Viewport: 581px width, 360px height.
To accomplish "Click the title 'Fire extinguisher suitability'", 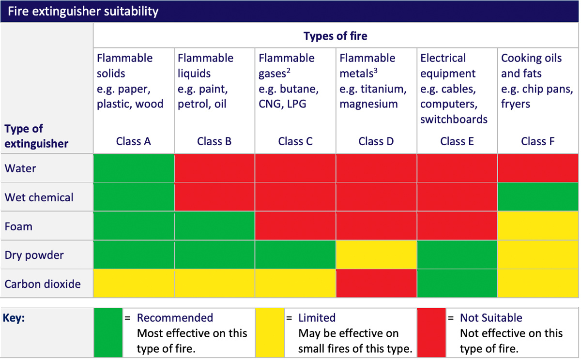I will [x=83, y=11].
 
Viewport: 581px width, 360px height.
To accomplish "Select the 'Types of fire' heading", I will [x=336, y=36].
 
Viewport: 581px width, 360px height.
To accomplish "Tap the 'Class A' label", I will [x=134, y=141].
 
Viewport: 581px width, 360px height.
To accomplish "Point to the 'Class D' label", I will [x=376, y=141].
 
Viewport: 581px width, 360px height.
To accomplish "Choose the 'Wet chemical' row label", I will [x=39, y=197].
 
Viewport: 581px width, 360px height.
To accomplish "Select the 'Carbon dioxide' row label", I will [x=43, y=284].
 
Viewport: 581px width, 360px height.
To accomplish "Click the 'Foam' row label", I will [x=18, y=226].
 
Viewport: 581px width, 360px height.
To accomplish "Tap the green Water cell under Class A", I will [x=134, y=168].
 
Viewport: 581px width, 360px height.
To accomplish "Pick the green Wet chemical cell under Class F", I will [x=538, y=197].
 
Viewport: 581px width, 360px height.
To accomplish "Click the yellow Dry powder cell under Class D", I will [x=376, y=255].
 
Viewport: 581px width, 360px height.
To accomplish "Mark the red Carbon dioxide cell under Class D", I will [x=376, y=284].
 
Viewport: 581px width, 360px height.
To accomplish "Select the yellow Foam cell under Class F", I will [x=538, y=226].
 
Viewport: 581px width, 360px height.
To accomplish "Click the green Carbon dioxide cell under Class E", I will [x=457, y=284].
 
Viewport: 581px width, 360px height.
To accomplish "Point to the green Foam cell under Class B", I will [x=214, y=226].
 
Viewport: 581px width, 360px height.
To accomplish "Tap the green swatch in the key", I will [x=108, y=333].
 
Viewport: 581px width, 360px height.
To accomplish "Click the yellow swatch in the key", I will [x=270, y=333].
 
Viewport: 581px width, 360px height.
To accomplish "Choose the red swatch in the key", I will [x=431, y=333].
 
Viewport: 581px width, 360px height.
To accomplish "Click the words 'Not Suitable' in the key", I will [x=491, y=318].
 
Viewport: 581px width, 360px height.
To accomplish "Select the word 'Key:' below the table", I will [x=15, y=318].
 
